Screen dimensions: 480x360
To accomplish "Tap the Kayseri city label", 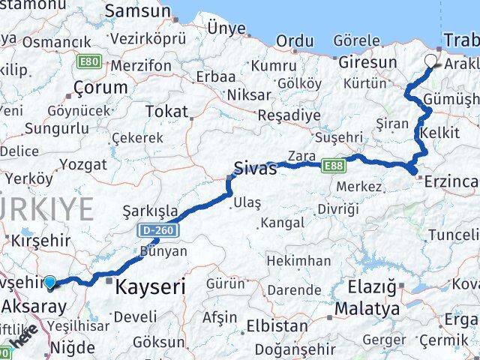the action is [152, 285].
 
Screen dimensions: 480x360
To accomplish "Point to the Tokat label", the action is [166, 111].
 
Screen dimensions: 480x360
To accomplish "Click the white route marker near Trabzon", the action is [431, 61].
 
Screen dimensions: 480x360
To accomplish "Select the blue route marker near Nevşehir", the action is [50, 283].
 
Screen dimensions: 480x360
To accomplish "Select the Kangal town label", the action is [283, 223].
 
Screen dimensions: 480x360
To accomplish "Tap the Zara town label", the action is [301, 156].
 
